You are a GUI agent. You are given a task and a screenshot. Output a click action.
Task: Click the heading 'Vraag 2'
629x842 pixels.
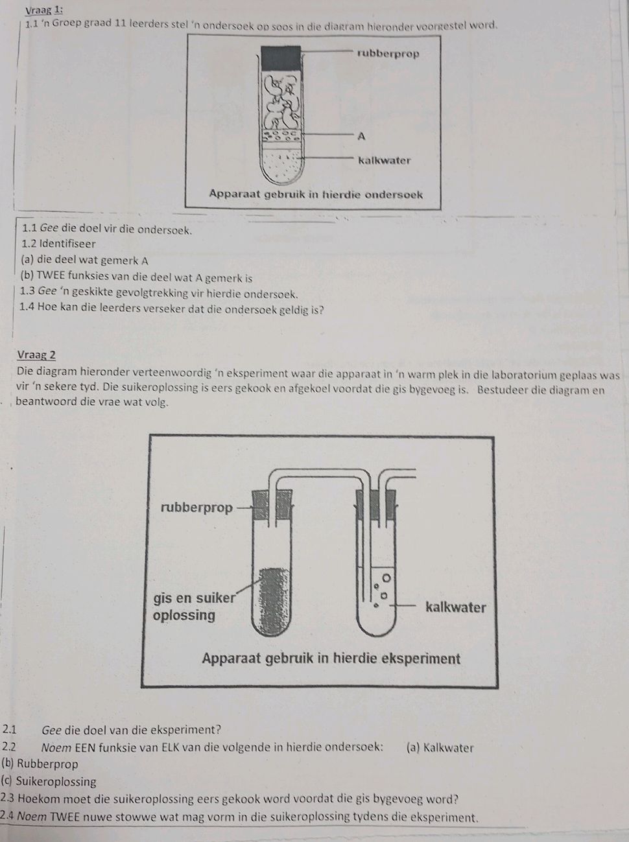[36, 355]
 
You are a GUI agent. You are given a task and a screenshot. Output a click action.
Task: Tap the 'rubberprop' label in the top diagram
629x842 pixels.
[388, 53]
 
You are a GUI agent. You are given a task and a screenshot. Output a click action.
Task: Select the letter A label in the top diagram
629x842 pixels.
[361, 136]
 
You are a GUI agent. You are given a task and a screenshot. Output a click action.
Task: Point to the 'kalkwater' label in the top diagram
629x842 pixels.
[384, 160]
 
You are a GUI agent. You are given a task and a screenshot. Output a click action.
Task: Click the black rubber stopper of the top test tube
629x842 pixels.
[281, 57]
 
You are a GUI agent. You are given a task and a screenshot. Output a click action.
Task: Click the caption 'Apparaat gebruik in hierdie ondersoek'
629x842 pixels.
[315, 194]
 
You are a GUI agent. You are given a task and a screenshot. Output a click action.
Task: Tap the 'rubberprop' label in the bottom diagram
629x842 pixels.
[196, 508]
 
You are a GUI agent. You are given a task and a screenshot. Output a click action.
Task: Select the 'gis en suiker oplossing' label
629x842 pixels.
[193, 606]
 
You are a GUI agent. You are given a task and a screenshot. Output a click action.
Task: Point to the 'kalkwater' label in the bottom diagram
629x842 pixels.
[455, 607]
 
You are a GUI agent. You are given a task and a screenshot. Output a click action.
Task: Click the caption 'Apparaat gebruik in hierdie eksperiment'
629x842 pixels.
[331, 659]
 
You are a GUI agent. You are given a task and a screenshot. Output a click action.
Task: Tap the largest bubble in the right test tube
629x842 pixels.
[388, 577]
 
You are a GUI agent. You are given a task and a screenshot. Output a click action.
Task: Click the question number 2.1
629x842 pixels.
[11, 730]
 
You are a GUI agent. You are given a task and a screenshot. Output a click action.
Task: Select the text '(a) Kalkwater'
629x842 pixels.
[440, 747]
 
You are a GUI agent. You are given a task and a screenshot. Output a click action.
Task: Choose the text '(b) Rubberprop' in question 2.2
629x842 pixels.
[40, 764]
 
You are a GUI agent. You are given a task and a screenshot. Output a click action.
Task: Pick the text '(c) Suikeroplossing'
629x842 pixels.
[49, 781]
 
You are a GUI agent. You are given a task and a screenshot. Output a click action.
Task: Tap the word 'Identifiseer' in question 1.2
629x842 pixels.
[67, 244]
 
